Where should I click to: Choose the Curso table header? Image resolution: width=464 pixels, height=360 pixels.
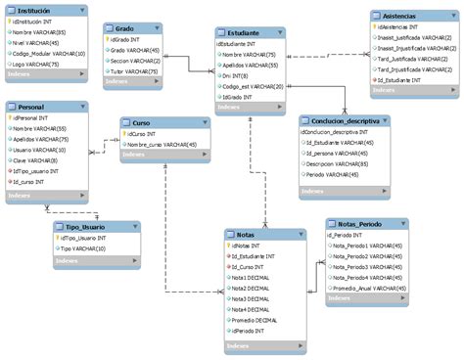(141, 122)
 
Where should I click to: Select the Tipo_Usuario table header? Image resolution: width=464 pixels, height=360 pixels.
(81, 226)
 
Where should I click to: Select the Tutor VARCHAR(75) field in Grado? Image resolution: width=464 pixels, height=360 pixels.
(131, 71)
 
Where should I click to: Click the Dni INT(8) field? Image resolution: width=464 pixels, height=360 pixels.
(235, 75)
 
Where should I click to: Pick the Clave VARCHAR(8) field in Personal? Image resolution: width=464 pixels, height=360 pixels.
(34, 159)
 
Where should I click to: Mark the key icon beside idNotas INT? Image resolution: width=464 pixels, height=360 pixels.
(229, 246)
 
